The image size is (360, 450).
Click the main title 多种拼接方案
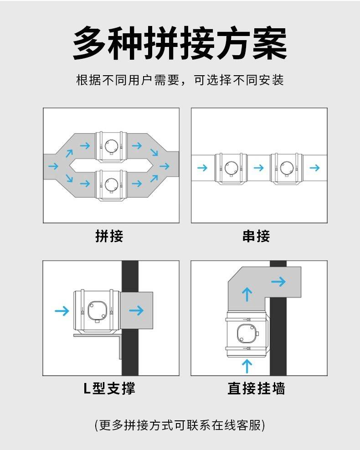click(x=180, y=43)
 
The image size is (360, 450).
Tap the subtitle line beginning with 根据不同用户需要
click(x=180, y=80)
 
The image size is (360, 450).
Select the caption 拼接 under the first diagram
click(x=109, y=236)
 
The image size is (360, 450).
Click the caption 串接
click(x=256, y=236)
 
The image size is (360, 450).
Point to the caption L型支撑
click(x=109, y=388)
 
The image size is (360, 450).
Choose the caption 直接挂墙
click(x=256, y=388)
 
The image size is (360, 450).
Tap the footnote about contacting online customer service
click(x=180, y=425)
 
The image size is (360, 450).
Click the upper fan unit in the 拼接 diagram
click(x=111, y=147)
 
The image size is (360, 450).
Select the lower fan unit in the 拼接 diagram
click(x=111, y=185)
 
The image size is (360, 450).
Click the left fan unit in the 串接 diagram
click(x=231, y=169)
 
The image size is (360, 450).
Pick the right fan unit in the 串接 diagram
click(x=287, y=169)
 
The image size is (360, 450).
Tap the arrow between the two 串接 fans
click(x=259, y=168)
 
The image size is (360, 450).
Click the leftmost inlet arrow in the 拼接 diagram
click(x=53, y=166)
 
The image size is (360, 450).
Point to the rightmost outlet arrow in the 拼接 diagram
click(x=165, y=166)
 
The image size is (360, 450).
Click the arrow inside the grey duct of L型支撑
click(x=136, y=310)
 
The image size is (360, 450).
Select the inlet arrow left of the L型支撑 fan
click(x=62, y=310)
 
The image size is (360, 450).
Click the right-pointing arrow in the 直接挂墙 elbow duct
click(x=278, y=282)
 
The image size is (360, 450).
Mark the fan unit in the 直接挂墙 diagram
click(x=247, y=334)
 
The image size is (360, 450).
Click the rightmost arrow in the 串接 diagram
click(x=315, y=168)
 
